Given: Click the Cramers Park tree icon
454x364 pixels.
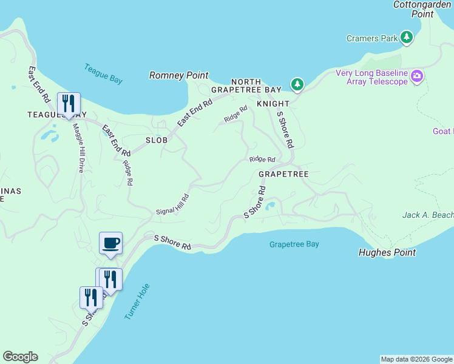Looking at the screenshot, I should coord(407,38).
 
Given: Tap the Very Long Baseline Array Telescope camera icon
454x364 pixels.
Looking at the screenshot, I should coord(417,76).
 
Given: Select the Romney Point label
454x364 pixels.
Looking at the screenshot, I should coord(179,76).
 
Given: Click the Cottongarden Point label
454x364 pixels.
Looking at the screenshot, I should coord(422,9).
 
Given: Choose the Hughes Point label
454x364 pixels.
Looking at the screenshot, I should coord(387,253).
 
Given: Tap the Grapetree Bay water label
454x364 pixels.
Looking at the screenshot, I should coord(294,244).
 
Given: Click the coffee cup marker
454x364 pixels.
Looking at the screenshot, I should coord(110,243).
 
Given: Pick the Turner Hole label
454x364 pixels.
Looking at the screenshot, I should coord(137,302).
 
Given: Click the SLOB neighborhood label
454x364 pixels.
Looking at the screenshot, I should coord(156,140).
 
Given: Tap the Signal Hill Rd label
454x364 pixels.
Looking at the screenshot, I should coord(173,204).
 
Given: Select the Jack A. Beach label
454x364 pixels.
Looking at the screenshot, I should coord(428,215).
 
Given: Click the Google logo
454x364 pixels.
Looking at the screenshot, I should coord(20,357).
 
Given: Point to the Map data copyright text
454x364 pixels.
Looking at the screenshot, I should coord(416,359).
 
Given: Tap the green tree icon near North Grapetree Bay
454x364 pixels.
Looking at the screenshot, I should coord(297,84).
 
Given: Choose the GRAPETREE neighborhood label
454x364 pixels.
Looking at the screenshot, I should coord(283,174).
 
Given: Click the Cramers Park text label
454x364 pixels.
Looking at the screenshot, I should coord(372,39).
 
